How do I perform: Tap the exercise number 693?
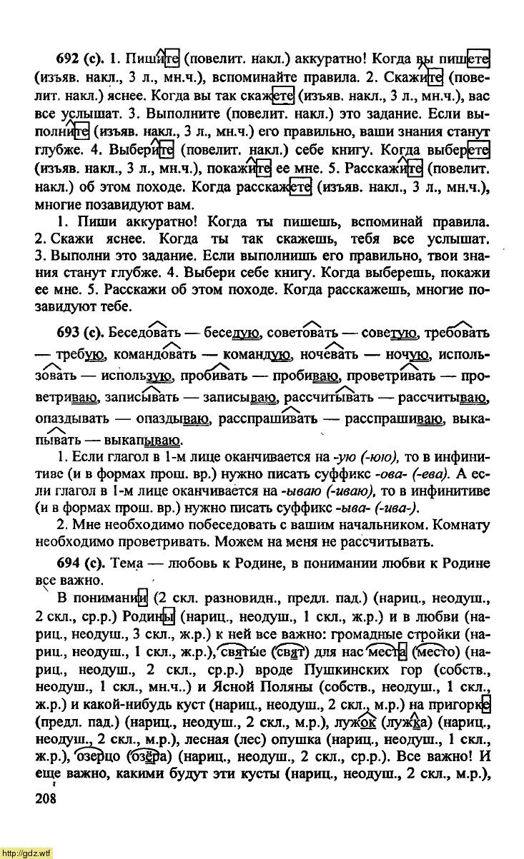[70, 333]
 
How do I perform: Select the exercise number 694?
[70, 563]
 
